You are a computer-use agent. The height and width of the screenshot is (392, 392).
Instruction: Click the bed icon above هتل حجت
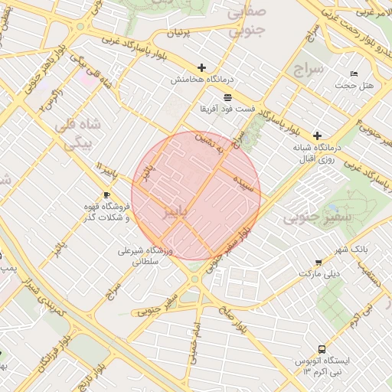coord(353,73)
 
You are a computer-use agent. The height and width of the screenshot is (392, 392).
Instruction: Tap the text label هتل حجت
coord(359,86)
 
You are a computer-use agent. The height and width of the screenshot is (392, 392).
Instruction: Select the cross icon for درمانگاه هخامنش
coord(202,68)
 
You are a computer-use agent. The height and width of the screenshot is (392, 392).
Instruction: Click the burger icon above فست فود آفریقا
coord(227,97)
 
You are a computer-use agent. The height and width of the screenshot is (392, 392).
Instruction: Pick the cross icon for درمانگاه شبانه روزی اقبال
coord(317,135)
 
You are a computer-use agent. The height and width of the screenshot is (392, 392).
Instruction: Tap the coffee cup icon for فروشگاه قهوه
coord(106,195)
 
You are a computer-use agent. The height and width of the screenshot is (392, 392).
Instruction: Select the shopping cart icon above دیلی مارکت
coord(318,263)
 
